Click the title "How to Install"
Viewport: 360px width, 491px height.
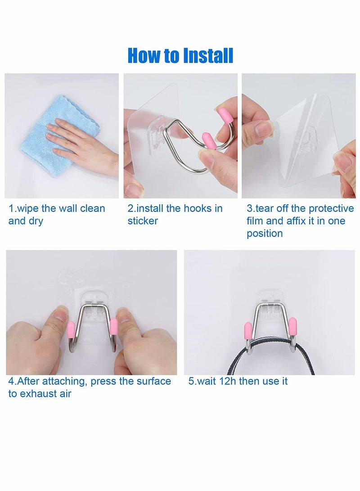tap(180, 55)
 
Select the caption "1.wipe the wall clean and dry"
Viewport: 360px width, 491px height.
tap(56, 215)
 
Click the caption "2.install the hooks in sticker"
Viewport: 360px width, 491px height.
tap(175, 215)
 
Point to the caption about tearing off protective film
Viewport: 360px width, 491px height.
tap(300, 221)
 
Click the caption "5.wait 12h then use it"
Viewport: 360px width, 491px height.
tap(238, 381)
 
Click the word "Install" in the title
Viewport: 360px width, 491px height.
tap(207, 55)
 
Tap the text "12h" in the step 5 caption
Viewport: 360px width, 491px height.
tap(228, 381)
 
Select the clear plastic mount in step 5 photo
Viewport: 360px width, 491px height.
tap(269, 295)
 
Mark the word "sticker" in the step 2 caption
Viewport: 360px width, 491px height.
tap(143, 221)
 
